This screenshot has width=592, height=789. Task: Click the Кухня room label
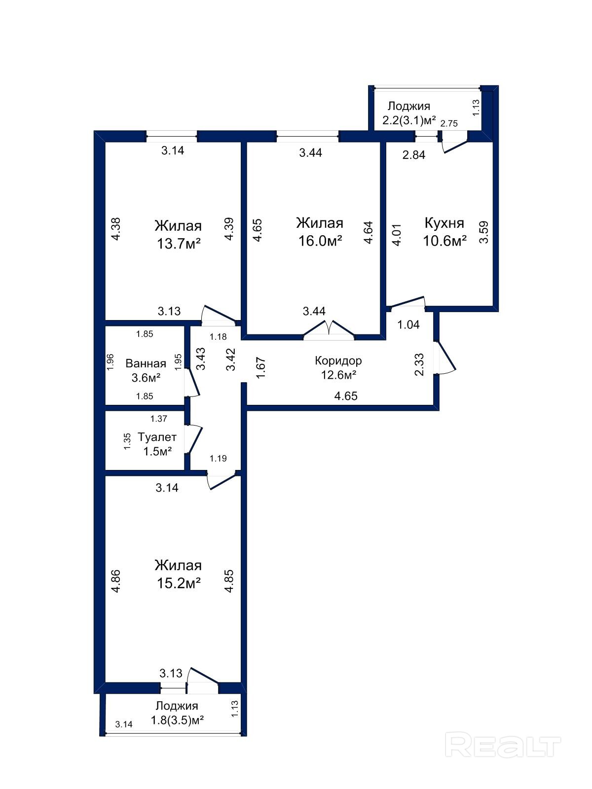(444, 223)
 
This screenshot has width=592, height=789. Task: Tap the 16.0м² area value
(320, 241)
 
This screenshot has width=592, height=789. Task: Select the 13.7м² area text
(178, 244)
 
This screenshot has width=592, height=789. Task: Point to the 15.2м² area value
(178, 583)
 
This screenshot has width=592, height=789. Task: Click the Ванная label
(146, 363)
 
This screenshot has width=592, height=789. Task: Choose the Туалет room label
(157, 437)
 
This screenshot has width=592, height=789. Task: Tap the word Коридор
(338, 360)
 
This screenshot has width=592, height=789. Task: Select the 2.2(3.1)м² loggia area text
(409, 120)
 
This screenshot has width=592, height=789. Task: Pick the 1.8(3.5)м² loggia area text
(177, 720)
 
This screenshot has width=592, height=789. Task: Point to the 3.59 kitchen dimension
(484, 232)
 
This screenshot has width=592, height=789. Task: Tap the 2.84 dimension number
(414, 155)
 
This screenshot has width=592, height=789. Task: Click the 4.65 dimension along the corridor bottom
(346, 396)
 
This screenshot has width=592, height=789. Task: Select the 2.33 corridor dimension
(419, 365)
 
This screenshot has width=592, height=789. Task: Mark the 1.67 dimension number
(260, 367)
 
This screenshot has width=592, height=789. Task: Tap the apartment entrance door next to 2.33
(445, 358)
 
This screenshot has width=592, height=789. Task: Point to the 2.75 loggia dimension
(449, 124)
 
